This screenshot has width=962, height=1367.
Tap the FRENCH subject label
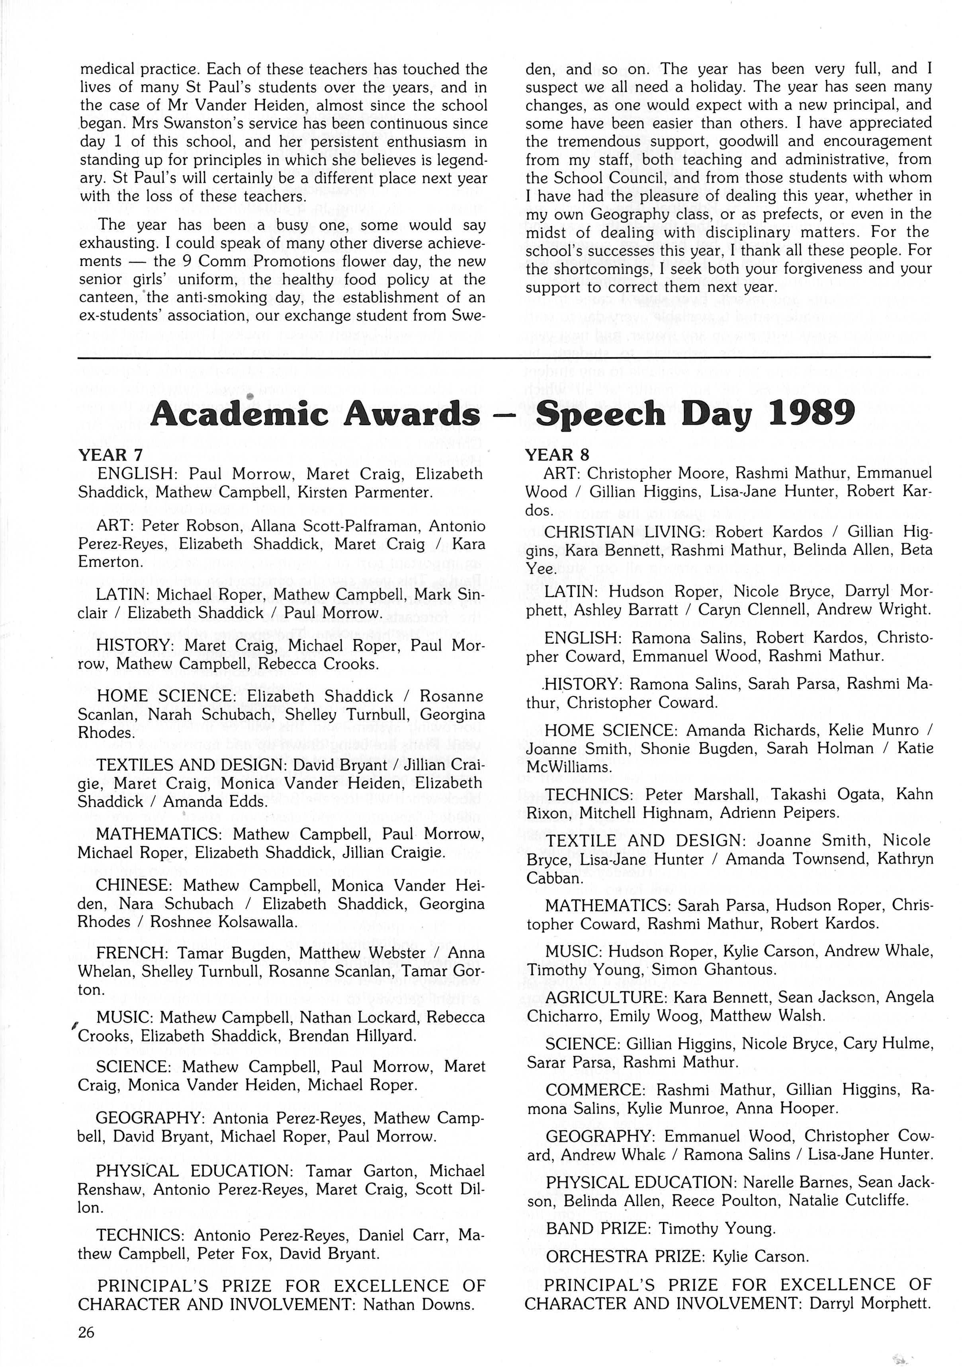pyautogui.click(x=132, y=953)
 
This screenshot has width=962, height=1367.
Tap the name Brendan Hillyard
pyautogui.click(x=352, y=1036)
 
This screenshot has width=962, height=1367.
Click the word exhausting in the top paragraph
pyautogui.click(x=124, y=244)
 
